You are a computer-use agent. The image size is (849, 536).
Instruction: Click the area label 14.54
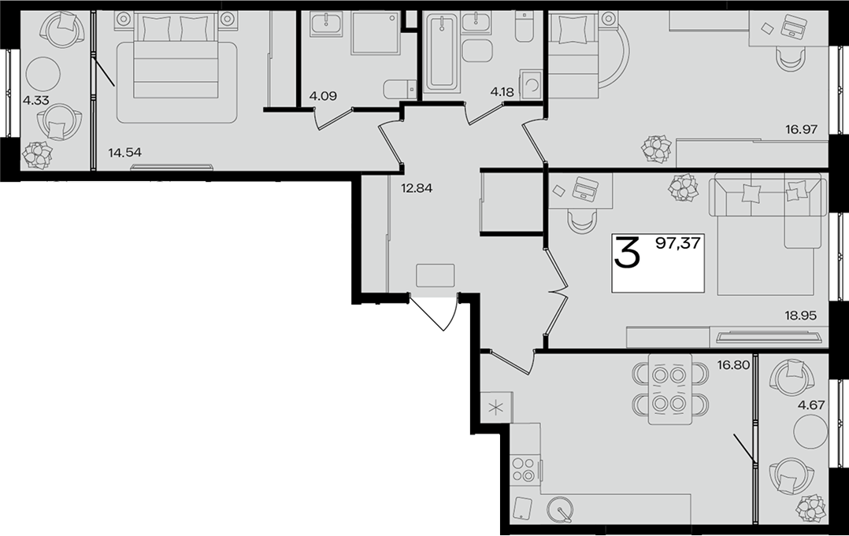click(124, 153)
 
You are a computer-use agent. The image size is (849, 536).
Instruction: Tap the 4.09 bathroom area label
click(323, 96)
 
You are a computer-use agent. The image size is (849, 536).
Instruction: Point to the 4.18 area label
click(502, 92)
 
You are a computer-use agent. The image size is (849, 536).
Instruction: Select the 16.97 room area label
click(802, 129)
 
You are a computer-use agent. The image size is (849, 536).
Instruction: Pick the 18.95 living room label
click(799, 316)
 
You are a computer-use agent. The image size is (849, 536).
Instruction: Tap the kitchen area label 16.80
click(734, 365)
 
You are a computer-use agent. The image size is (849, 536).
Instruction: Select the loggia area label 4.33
click(35, 101)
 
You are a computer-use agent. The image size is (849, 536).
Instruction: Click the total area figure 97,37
click(678, 244)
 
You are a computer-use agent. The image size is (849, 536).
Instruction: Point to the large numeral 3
click(627, 253)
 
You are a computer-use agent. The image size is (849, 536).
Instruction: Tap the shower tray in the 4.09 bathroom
click(376, 34)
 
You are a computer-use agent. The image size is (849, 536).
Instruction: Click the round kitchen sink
click(560, 509)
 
